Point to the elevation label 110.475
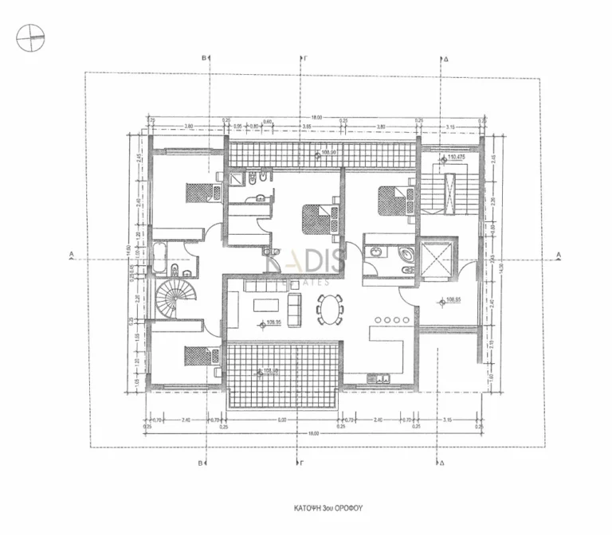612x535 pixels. click(456, 158)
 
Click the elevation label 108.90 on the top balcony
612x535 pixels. click(328, 151)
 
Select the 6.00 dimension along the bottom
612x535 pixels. click(282, 420)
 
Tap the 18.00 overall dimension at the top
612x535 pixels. click(316, 118)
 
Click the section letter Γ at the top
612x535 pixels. click(306, 59)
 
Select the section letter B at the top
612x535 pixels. click(204, 59)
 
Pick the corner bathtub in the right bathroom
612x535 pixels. click(404, 256)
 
